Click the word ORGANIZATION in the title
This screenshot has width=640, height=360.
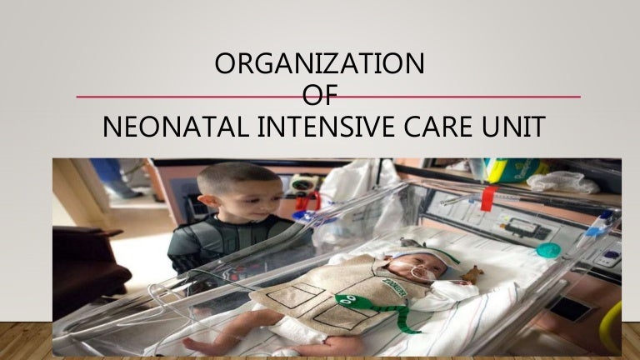(x=319, y=64)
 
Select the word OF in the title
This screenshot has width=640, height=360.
(x=319, y=97)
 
